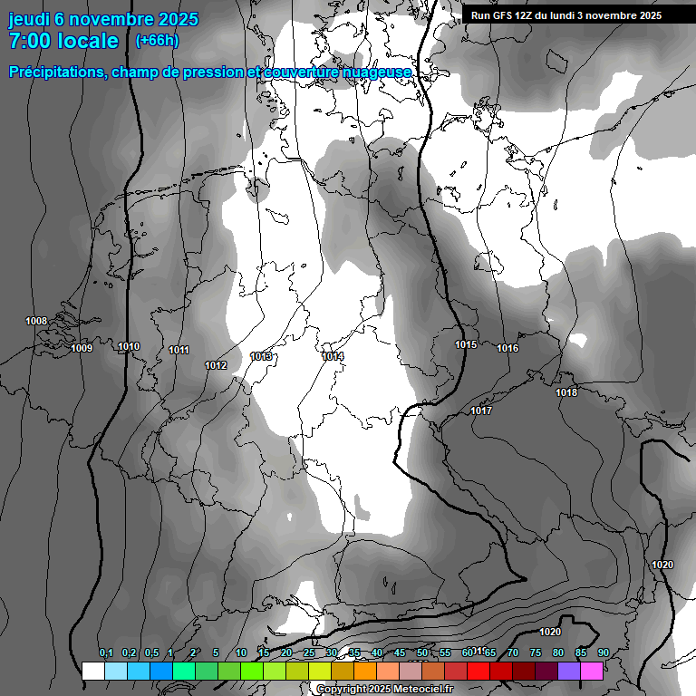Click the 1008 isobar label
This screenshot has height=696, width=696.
[x=36, y=321]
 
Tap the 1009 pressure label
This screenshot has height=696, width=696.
[x=82, y=348]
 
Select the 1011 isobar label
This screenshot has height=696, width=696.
[x=179, y=350]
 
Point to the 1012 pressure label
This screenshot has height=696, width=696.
[x=216, y=365]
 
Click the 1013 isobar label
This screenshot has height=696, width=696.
[x=262, y=356]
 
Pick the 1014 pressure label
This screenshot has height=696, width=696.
[x=333, y=356]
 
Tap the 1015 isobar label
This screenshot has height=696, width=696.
[x=466, y=344]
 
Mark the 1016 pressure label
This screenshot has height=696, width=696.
[x=507, y=348]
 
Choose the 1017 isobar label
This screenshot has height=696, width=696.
[x=481, y=411]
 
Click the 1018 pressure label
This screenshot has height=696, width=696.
[x=566, y=392]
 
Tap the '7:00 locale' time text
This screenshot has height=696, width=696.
[x=63, y=41]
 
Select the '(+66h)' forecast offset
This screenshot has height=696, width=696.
[x=156, y=41]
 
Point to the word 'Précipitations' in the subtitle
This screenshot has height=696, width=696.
[x=55, y=72]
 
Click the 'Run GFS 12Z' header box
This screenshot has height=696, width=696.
[x=565, y=15]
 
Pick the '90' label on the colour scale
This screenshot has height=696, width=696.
[x=603, y=652]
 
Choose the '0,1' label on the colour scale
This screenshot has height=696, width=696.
[x=106, y=652]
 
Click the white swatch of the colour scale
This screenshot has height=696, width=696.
[x=92, y=671]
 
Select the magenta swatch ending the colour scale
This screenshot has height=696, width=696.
[x=592, y=671]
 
